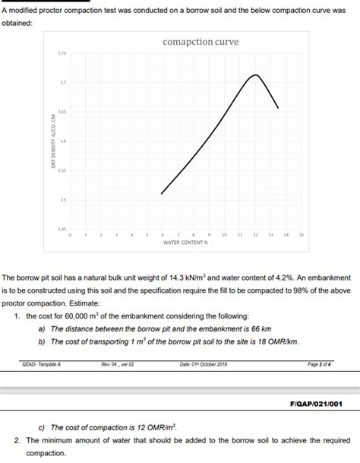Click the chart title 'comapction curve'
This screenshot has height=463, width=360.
[201, 42]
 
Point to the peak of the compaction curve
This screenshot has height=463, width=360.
[255, 75]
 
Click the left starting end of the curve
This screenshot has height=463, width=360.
[162, 193]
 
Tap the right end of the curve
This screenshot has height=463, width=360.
[278, 108]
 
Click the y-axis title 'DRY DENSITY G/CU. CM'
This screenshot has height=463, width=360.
[53, 145]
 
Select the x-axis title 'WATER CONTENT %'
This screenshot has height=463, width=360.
[185, 243]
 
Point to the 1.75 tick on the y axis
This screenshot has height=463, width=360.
[62, 53]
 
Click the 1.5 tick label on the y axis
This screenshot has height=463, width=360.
[63, 200]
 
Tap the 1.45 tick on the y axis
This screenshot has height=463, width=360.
[62, 229]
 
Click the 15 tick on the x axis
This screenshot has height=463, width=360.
[302, 236]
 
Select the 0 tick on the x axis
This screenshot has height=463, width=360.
[70, 236]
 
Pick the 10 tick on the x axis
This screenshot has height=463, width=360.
[224, 236]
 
